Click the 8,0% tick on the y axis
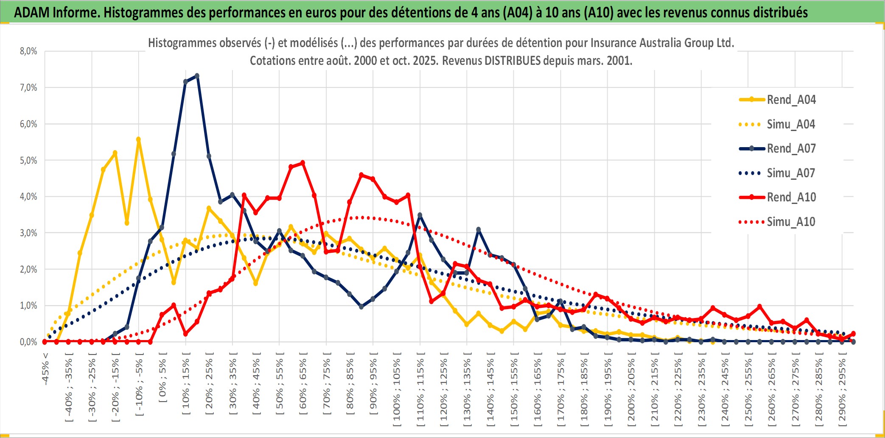pos(28,51)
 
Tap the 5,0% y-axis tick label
pos(28,160)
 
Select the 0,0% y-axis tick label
pos(28,342)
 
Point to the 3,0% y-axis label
pos(28,233)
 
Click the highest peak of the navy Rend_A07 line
pos(197,76)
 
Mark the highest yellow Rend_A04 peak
pos(138,139)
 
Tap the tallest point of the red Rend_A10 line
pos(302,162)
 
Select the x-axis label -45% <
pos(45,369)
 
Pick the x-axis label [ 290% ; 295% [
pos(842,392)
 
